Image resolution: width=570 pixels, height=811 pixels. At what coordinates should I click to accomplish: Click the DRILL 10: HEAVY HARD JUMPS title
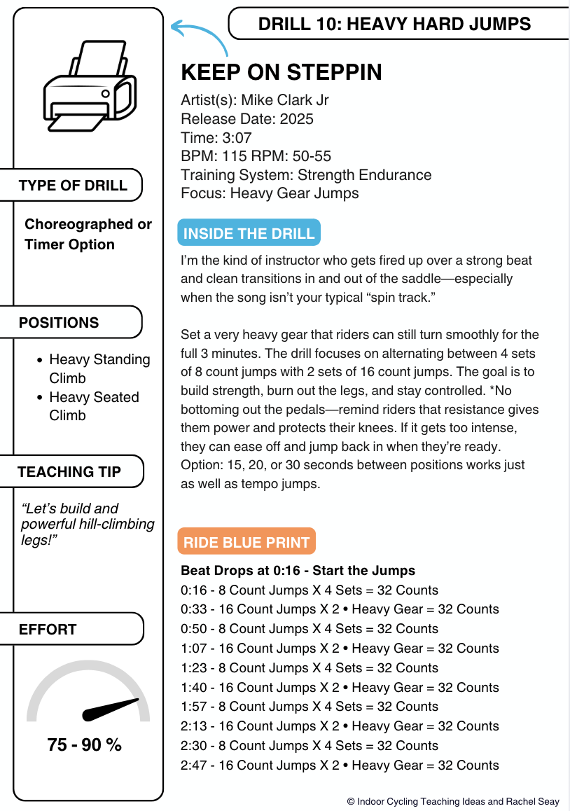(394, 25)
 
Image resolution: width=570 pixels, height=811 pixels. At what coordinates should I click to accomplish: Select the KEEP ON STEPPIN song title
(281, 72)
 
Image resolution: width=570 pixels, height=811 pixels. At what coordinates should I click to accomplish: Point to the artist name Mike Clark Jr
(284, 100)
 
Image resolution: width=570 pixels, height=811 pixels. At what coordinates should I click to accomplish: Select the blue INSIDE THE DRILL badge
(249, 233)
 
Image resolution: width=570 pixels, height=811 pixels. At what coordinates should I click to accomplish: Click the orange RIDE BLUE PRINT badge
(246, 542)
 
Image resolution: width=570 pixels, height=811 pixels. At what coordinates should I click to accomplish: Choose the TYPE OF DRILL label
(74, 186)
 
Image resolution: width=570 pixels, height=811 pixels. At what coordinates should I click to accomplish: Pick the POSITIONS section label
(60, 323)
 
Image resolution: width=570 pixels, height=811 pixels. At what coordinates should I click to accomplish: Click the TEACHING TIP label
(69, 472)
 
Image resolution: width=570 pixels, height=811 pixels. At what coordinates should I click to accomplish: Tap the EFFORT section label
(48, 630)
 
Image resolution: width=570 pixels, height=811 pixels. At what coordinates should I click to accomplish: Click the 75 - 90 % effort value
(85, 745)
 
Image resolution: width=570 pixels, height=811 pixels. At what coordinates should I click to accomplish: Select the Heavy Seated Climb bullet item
(94, 406)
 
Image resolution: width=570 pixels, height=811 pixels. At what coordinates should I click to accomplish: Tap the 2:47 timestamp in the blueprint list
(193, 765)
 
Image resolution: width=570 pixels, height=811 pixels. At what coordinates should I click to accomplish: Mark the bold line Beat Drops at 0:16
(298, 571)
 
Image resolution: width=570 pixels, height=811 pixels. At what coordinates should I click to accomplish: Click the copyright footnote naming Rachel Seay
(453, 801)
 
